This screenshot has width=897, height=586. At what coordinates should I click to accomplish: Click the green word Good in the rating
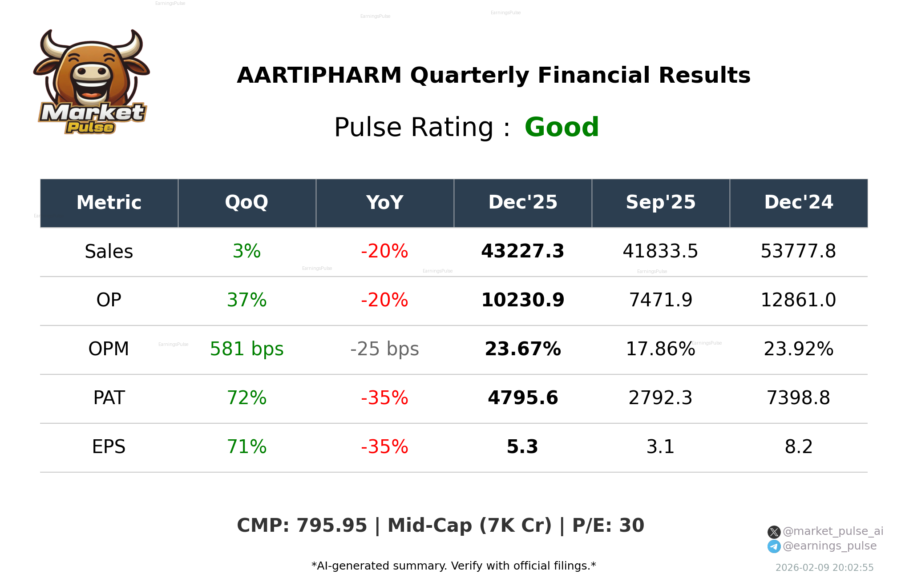[x=562, y=127]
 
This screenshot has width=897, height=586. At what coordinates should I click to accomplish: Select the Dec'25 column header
[x=523, y=203]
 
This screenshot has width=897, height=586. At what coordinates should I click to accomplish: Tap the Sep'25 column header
[x=661, y=203]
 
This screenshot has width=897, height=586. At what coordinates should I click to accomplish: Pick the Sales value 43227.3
[x=523, y=251]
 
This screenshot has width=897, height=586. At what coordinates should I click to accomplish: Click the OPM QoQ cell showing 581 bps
[x=246, y=349]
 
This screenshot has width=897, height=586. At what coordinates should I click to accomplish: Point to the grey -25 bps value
[x=384, y=349]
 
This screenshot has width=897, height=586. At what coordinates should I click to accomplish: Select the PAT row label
[x=109, y=398]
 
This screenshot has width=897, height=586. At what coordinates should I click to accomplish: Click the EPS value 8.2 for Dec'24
[x=799, y=447]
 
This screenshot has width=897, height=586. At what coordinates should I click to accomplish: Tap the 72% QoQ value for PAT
[x=246, y=398]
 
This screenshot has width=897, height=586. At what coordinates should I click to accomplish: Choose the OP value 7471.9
[x=661, y=300]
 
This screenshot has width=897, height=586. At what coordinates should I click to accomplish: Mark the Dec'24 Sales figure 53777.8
[x=799, y=251]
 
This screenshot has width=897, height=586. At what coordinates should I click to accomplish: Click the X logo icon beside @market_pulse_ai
[x=774, y=532]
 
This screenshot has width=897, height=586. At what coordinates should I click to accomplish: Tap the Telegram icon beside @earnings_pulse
[x=774, y=546]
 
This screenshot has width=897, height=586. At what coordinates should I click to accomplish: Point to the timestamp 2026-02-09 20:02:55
[x=824, y=568]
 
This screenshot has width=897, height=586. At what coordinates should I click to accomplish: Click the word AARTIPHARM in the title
[x=319, y=75]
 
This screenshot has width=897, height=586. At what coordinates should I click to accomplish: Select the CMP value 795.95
[x=331, y=526]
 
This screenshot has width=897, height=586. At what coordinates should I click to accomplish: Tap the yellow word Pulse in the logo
[x=90, y=128]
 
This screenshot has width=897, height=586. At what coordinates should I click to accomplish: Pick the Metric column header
[x=109, y=203]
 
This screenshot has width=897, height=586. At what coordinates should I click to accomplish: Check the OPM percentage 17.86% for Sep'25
[x=661, y=349]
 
